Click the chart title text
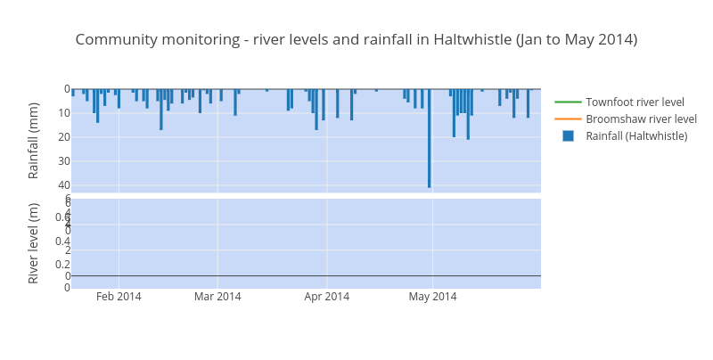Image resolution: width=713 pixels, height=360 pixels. pyautogui.click(x=356, y=39)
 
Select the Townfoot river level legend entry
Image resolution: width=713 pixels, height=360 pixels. pyautogui.click(x=635, y=102)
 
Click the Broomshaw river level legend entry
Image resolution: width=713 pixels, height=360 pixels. pyautogui.click(x=641, y=119)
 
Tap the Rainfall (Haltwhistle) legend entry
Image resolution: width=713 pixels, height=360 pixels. pyautogui.click(x=636, y=135)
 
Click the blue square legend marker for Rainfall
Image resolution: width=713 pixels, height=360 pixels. pyautogui.click(x=568, y=135)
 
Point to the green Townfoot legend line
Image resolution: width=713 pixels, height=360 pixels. pyautogui.click(x=568, y=102)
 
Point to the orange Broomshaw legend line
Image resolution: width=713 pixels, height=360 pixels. pyautogui.click(x=568, y=119)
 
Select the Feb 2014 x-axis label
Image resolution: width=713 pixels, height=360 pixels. pyautogui.click(x=119, y=297)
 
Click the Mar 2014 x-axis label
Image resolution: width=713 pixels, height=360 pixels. pyautogui.click(x=217, y=297)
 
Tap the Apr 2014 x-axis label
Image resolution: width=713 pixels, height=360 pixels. pyautogui.click(x=326, y=297)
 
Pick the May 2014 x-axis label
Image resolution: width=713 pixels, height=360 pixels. pyautogui.click(x=432, y=297)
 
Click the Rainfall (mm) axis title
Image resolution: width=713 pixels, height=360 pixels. pyautogui.click(x=34, y=140)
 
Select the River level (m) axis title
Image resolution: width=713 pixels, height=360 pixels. pyautogui.click(x=34, y=242)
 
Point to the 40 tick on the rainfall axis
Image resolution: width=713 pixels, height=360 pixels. pyautogui.click(x=64, y=184)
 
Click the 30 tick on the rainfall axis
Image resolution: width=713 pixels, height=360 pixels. pyautogui.click(x=64, y=160)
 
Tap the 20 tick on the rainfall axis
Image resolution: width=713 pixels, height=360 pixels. pyautogui.click(x=64, y=136)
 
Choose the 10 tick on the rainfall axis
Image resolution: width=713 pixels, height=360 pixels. pyautogui.click(x=64, y=112)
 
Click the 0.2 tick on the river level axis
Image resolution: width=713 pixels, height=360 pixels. pyautogui.click(x=62, y=264)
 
